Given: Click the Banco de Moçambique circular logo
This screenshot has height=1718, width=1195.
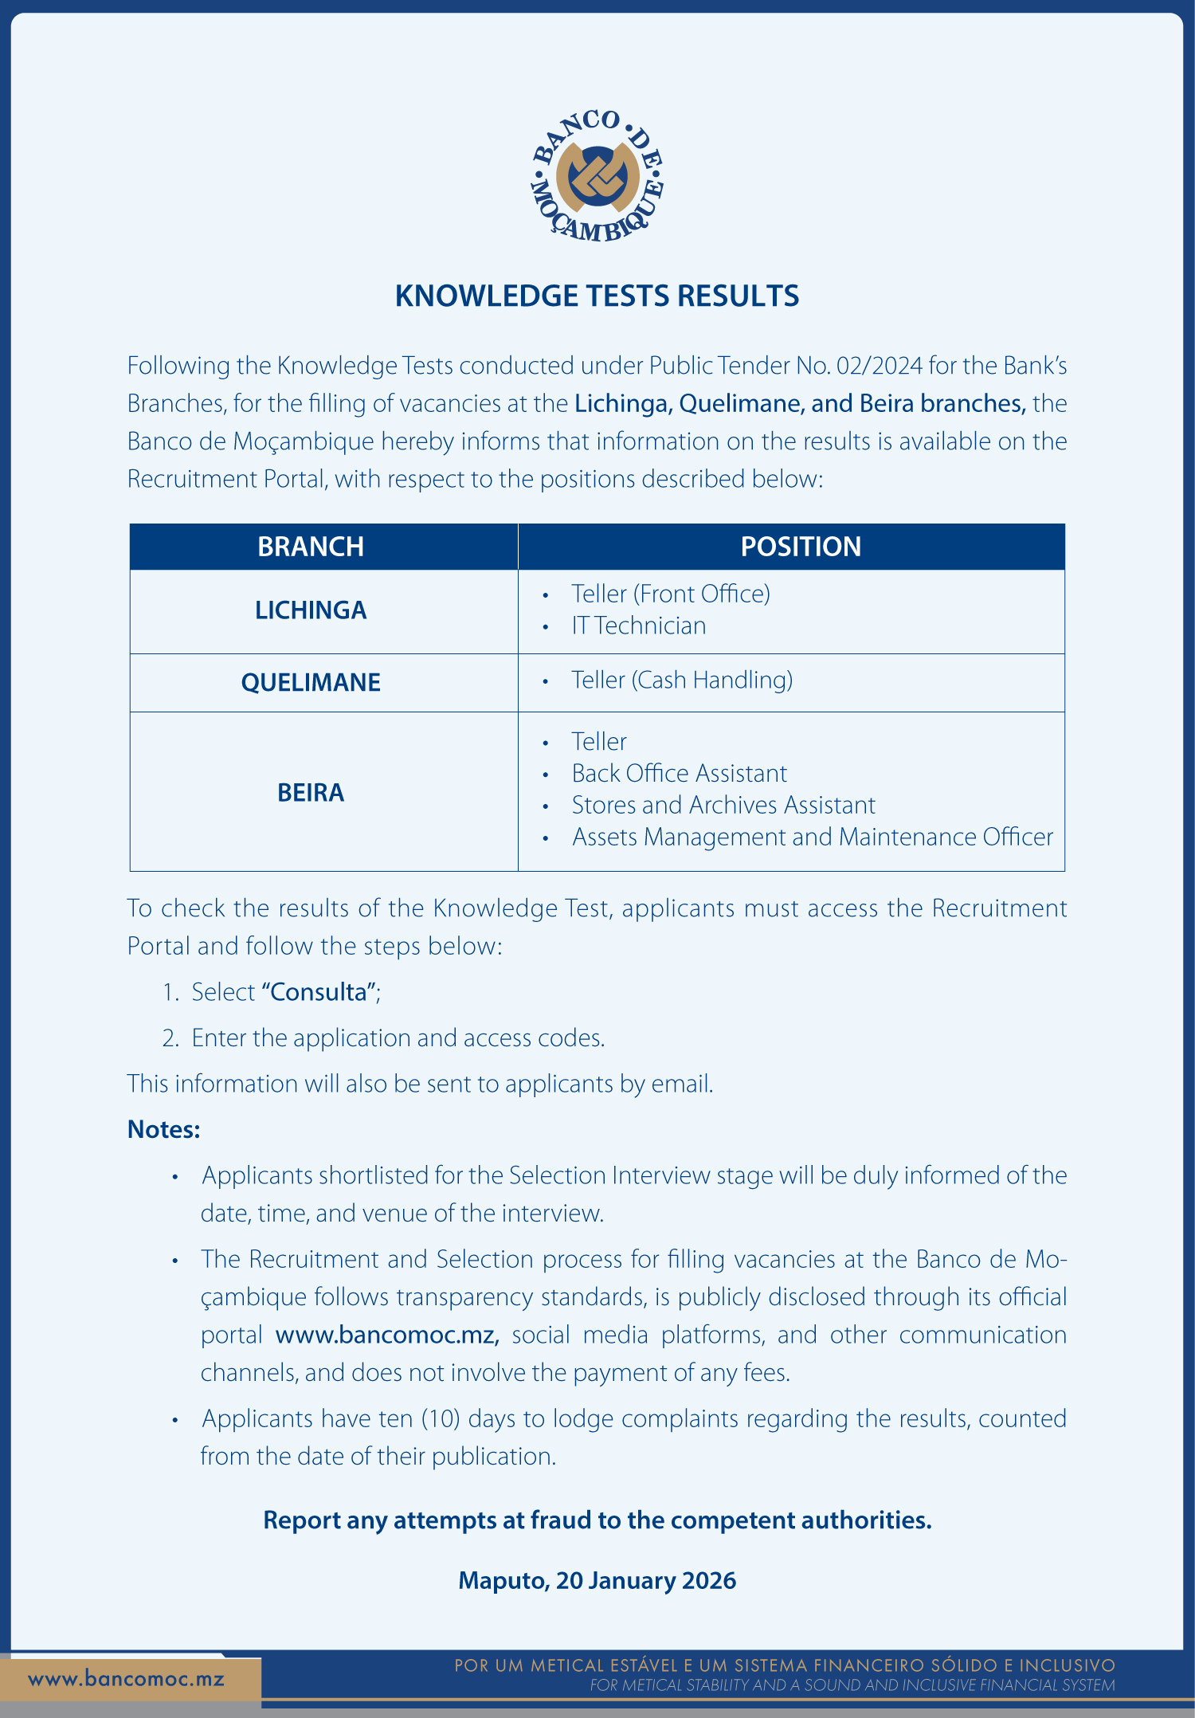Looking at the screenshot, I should (x=597, y=175).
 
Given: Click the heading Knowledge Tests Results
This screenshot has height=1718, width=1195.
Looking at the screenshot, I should (x=597, y=296).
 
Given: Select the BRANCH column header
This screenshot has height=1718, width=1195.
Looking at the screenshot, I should (x=311, y=547).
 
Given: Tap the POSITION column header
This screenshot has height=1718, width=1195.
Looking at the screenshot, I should (x=801, y=547).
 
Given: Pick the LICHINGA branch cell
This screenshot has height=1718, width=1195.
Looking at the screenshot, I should (x=311, y=610).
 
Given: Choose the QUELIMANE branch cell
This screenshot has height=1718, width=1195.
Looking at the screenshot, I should (x=311, y=683).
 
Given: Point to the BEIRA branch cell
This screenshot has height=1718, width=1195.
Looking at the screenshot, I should (x=311, y=793).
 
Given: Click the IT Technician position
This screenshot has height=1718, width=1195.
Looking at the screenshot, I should (x=639, y=626).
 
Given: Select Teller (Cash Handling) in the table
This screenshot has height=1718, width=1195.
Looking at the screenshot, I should (x=682, y=681).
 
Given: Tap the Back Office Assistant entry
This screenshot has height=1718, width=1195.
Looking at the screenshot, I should (x=680, y=774).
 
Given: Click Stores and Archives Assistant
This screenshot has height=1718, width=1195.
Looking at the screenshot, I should (x=723, y=806).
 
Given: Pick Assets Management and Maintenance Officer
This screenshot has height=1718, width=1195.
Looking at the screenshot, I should (x=813, y=837).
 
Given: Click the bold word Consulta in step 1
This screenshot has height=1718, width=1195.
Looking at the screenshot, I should (x=319, y=992).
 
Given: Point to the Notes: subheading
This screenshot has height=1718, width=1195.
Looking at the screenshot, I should (x=164, y=1130).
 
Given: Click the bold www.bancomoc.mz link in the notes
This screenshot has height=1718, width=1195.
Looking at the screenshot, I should (x=387, y=1335).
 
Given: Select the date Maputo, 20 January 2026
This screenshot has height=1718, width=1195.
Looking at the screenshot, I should (x=597, y=1581).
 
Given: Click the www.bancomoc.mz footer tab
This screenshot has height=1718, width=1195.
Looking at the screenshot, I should (x=126, y=1680).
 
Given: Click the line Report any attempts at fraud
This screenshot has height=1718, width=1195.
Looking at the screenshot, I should (x=597, y=1520).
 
